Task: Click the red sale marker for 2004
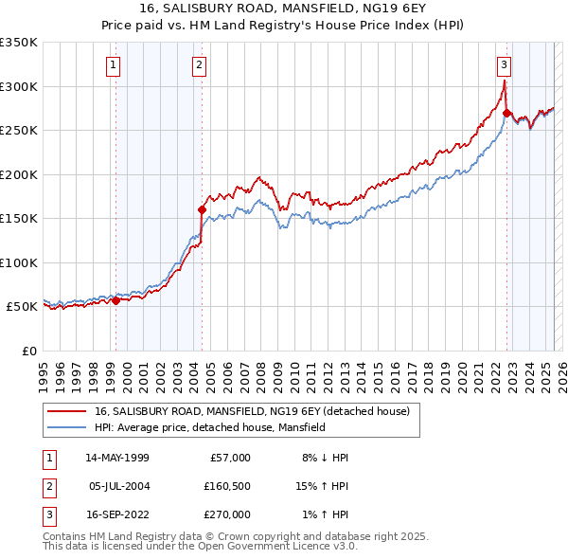pos(202,209)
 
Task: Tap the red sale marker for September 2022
pos(506,114)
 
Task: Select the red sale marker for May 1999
pos(115,300)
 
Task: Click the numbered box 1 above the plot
pos(113,65)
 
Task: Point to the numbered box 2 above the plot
pos(200,65)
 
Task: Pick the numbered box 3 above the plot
pos(504,65)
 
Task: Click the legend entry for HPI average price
pos(209,427)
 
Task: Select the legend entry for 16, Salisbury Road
pos(251,411)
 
